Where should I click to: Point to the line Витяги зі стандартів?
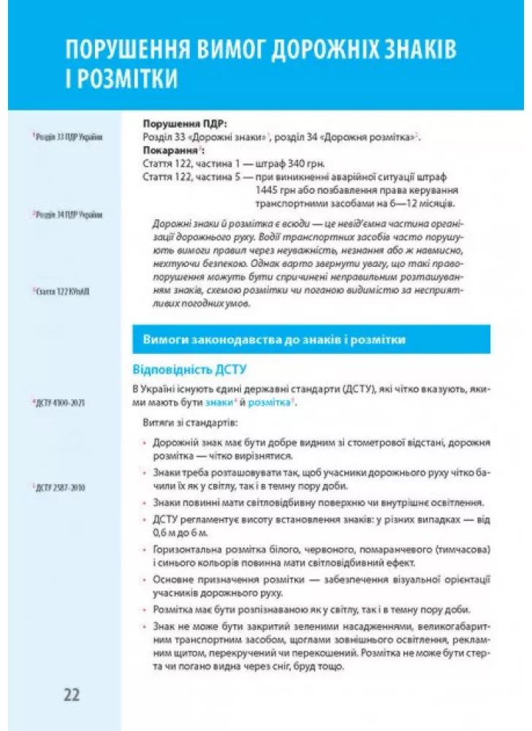tap(188, 423)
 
